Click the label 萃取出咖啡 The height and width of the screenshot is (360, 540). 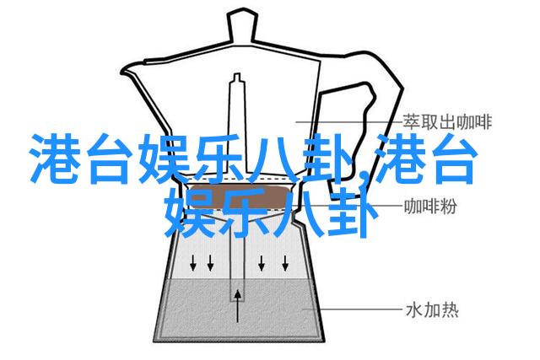(447, 122)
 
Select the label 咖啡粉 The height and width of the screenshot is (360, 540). (430, 207)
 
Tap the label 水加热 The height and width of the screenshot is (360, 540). (432, 309)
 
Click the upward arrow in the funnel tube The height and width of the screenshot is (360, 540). (238, 306)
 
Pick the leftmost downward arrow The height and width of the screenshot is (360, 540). (193, 263)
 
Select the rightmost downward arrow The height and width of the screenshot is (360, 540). (285, 263)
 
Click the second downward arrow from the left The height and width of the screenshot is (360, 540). (210, 263)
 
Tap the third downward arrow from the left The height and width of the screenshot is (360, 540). (262, 263)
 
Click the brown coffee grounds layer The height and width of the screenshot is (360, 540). (240, 197)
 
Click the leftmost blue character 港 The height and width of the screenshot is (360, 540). (54, 159)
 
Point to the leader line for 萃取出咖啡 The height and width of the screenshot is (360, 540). (348, 122)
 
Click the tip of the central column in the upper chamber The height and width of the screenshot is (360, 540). (237, 74)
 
